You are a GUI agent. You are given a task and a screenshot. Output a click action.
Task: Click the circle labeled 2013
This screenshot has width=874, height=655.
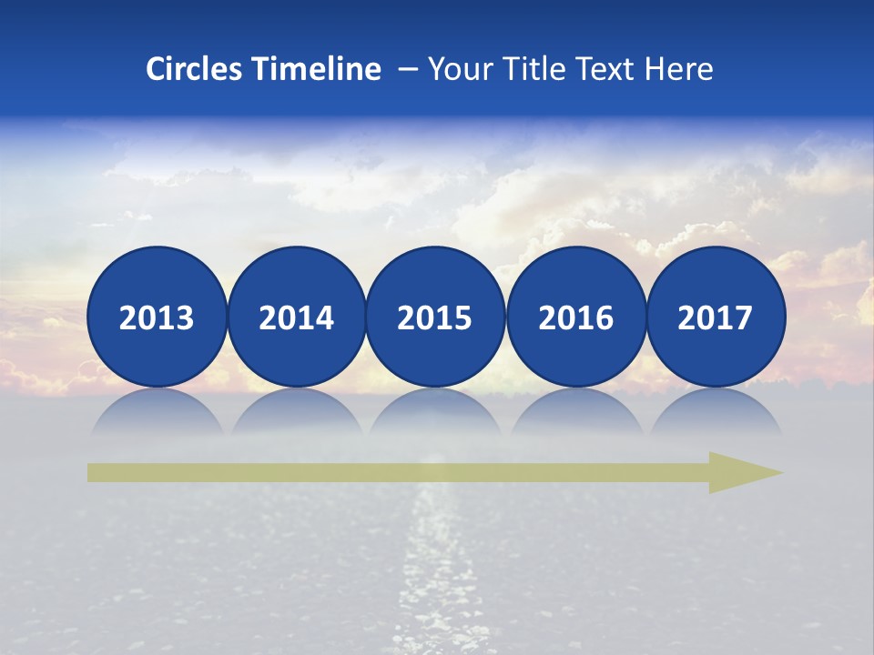(157, 317)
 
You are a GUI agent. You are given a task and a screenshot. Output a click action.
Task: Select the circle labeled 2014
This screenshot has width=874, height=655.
(296, 317)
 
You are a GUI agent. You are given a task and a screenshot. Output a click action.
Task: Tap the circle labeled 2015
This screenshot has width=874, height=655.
(435, 317)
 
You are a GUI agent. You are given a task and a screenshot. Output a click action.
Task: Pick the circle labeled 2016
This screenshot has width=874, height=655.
(575, 317)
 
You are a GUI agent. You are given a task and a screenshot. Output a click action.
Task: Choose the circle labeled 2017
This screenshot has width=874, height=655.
(715, 317)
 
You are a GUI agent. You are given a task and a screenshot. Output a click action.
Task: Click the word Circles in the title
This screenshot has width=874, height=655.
(195, 69)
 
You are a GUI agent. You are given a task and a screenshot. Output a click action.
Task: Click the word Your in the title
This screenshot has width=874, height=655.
(455, 69)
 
